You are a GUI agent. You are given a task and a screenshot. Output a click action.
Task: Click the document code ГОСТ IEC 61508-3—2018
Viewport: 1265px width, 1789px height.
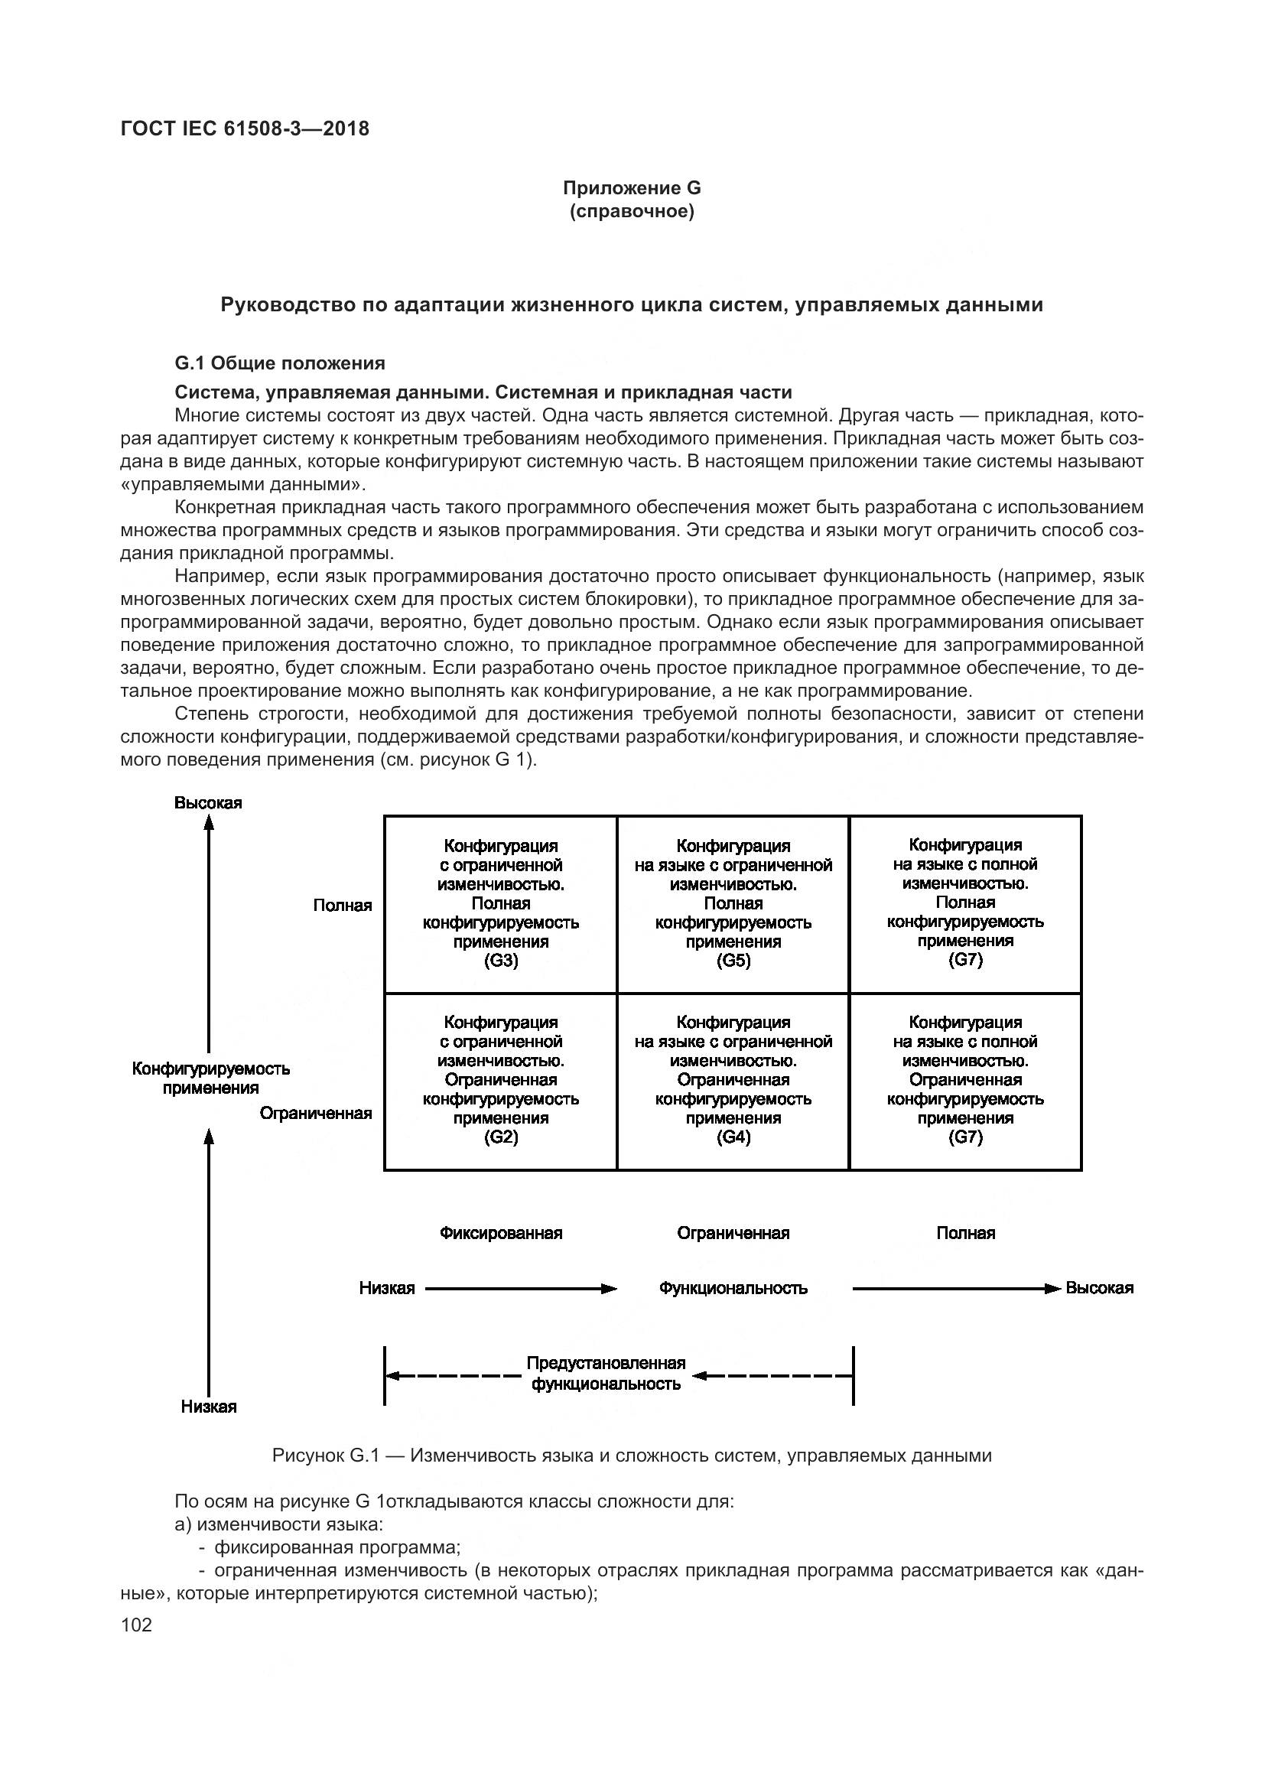[245, 128]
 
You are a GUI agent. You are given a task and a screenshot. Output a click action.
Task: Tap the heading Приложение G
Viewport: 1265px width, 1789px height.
[632, 188]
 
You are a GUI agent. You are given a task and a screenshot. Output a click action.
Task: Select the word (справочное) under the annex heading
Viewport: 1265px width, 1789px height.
[632, 211]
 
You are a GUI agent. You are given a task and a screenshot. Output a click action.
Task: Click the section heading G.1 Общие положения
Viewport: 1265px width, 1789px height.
[280, 363]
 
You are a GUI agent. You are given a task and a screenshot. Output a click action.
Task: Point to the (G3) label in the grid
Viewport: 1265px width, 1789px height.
[501, 961]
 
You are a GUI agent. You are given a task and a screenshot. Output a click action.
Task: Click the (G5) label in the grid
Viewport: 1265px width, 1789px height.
[733, 961]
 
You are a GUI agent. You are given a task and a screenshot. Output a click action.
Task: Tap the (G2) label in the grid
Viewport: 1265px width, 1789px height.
[501, 1137]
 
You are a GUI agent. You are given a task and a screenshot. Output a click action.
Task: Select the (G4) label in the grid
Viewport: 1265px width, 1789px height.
[733, 1137]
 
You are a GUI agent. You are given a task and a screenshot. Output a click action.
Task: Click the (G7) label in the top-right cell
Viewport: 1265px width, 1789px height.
[965, 960]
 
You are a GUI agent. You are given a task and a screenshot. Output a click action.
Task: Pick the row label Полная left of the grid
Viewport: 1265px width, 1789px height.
[343, 906]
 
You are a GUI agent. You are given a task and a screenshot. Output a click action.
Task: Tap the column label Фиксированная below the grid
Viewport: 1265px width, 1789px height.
[501, 1233]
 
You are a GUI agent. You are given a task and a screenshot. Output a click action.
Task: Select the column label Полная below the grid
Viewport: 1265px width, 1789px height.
[965, 1233]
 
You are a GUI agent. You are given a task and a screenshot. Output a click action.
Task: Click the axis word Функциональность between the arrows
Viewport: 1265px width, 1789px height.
[733, 1288]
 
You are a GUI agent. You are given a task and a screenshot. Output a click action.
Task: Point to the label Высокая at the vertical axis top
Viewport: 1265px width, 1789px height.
[208, 802]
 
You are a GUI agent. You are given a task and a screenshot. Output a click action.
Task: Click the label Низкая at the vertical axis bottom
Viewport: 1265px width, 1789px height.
[208, 1407]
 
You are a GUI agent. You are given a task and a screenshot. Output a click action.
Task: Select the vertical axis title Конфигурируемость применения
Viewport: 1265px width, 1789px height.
[210, 1078]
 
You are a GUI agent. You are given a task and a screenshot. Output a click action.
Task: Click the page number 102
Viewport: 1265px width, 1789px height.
[136, 1625]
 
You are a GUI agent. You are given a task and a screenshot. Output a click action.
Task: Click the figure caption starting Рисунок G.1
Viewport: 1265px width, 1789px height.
[632, 1456]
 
